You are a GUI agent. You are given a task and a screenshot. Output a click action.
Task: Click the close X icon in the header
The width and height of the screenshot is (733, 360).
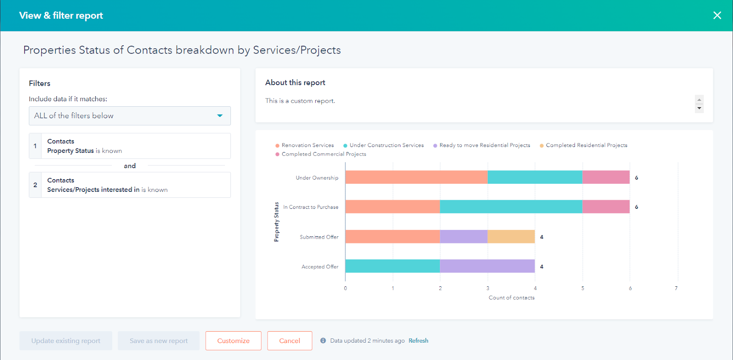click(x=717, y=16)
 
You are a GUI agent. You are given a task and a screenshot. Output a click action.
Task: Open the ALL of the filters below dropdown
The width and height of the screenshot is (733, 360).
click(x=130, y=116)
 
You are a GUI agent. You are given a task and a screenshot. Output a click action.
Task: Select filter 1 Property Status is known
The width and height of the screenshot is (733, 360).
click(x=130, y=146)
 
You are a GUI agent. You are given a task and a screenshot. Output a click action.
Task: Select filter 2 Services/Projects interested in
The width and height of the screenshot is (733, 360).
click(x=130, y=185)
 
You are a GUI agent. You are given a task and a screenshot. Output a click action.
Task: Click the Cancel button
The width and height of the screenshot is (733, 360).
click(x=290, y=341)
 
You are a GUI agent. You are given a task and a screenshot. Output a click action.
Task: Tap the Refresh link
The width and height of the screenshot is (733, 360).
click(x=418, y=341)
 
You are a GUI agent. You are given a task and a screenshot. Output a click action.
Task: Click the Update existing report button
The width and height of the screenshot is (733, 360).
click(x=66, y=341)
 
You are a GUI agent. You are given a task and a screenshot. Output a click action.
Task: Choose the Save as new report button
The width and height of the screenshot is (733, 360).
click(x=159, y=341)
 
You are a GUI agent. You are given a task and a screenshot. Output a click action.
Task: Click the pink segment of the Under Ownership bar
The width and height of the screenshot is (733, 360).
click(x=606, y=177)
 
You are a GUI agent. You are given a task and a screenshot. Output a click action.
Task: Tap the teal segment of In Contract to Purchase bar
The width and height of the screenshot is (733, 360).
click(x=511, y=207)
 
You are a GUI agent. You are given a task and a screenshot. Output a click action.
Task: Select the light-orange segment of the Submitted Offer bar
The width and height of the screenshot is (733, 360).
click(x=511, y=237)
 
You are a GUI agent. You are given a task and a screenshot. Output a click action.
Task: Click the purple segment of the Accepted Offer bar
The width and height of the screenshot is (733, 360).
click(x=487, y=266)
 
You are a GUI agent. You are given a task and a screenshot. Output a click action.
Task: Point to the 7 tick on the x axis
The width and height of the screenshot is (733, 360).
click(x=676, y=288)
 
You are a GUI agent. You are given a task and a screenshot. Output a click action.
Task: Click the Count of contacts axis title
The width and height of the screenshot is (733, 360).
click(x=511, y=298)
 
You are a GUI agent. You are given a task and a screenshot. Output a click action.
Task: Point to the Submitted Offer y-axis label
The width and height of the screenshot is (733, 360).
click(x=319, y=237)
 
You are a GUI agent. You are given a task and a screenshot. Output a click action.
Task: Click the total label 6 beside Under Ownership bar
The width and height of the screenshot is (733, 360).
click(x=636, y=178)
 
